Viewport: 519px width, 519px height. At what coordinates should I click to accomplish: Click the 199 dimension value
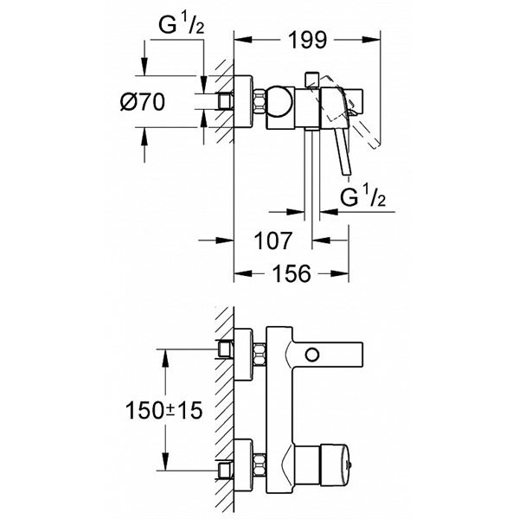(307, 40)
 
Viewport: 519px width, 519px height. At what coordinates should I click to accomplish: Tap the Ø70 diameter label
(143, 101)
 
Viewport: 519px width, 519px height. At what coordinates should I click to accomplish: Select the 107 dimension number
(273, 240)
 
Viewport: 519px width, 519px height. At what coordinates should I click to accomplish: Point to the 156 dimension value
(292, 273)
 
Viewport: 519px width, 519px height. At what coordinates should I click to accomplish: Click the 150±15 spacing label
(163, 411)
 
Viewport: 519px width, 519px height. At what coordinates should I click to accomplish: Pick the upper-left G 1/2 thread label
(182, 24)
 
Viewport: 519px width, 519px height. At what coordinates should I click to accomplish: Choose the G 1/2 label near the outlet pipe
(362, 196)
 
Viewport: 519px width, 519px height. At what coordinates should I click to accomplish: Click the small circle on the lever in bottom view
(312, 355)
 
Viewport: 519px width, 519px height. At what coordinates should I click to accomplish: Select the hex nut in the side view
(259, 101)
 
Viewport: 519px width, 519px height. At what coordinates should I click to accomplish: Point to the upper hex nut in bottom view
(259, 355)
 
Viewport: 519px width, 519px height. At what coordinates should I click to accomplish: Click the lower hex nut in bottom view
(259, 466)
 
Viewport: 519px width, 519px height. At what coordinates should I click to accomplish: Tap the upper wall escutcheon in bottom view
(243, 355)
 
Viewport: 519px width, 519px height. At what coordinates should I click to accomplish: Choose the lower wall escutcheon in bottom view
(243, 465)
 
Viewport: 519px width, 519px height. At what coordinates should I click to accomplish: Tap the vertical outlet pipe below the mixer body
(312, 174)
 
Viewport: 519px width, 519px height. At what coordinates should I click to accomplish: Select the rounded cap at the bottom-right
(334, 466)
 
